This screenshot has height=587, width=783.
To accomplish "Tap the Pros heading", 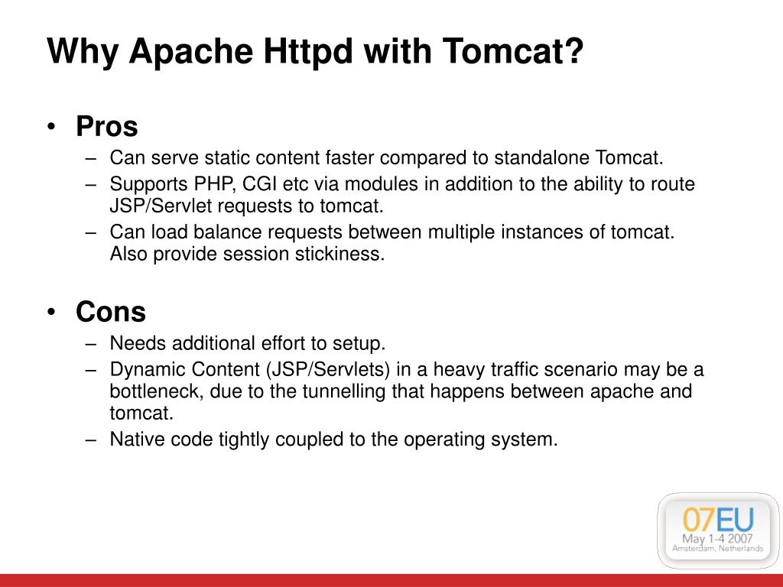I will [106, 127].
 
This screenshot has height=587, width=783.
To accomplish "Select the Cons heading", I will [110, 312].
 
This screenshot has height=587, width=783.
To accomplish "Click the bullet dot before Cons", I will [51, 313].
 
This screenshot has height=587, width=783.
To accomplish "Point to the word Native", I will [134, 439].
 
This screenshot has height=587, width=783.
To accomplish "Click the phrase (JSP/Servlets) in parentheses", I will [329, 370].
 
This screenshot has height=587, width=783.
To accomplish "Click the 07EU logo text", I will [718, 520].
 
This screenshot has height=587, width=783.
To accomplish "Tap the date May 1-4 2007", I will [718, 538].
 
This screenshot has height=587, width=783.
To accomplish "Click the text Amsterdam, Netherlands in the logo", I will [718, 549].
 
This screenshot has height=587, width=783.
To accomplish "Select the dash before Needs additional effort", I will [92, 343].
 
